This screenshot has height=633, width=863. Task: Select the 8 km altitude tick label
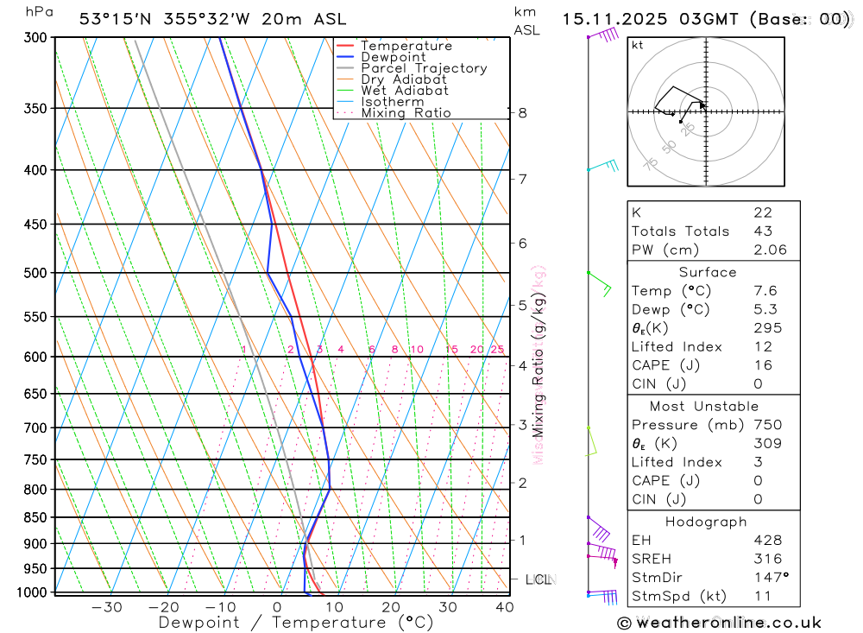point(523,112)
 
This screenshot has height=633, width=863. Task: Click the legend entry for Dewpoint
point(394,57)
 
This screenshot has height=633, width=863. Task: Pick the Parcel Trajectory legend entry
point(424,68)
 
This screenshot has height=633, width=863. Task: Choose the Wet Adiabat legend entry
point(405,90)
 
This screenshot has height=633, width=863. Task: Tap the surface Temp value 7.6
point(763,291)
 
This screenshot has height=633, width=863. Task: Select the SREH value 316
point(767,559)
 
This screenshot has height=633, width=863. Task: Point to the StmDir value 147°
point(768,577)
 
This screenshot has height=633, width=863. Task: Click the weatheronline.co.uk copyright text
point(719,623)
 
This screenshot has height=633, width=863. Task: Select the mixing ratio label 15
point(451,350)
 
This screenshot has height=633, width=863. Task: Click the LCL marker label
point(538,579)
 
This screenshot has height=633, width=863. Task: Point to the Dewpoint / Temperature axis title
point(296,622)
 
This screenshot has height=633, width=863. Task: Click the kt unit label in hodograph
point(638,45)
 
